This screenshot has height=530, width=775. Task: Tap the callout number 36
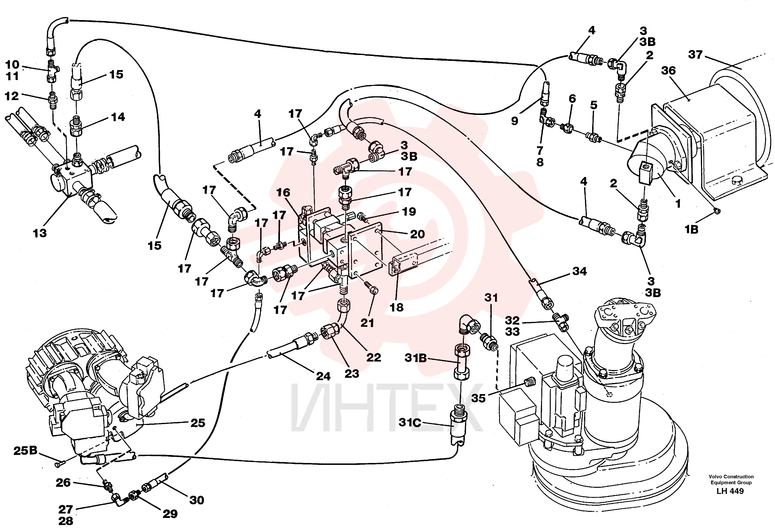tap(669, 70)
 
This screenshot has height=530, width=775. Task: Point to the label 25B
tap(25, 451)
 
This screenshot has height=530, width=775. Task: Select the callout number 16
tap(283, 192)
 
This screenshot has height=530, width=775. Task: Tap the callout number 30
tap(197, 500)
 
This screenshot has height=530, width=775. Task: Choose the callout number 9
tap(515, 121)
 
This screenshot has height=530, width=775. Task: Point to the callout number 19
tap(409, 211)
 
